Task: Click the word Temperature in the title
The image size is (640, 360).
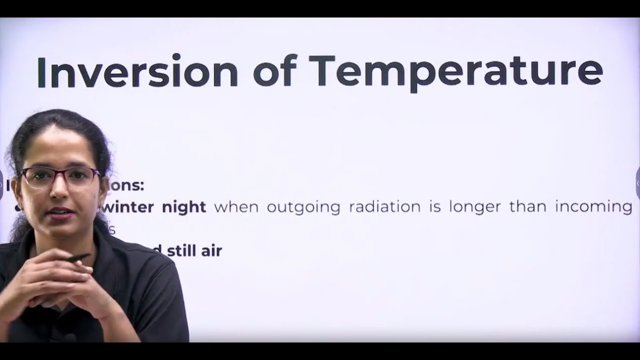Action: (x=455, y=73)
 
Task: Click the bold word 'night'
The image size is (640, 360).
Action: (x=184, y=207)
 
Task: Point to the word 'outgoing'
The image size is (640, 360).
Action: (x=303, y=207)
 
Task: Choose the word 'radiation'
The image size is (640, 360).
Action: (x=384, y=207)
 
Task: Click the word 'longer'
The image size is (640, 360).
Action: (x=474, y=207)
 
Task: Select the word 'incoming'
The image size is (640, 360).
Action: (x=593, y=207)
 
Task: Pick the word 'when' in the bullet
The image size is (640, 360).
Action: (x=236, y=207)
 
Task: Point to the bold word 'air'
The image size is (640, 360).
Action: (x=211, y=251)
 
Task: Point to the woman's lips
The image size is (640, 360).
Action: (x=60, y=212)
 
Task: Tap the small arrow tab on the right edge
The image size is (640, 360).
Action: (x=637, y=183)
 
